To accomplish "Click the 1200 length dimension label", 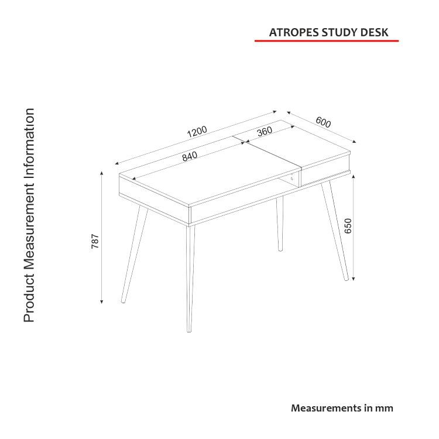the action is (197, 132).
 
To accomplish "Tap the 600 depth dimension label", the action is (323, 122).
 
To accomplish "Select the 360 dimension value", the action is (265, 131).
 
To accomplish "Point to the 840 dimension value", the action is (190, 156).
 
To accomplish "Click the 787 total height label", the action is (95, 241).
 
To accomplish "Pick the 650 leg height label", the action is (348, 226).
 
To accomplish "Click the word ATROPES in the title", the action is (294, 32).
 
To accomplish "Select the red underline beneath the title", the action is (327, 41).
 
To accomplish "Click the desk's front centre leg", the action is (190, 279).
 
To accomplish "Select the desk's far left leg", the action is (135, 254).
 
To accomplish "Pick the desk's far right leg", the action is (335, 231).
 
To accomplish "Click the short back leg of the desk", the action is (280, 224).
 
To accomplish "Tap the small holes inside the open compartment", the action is (291, 177).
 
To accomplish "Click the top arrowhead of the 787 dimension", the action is (102, 174).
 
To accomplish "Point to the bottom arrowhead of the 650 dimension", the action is (354, 279).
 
